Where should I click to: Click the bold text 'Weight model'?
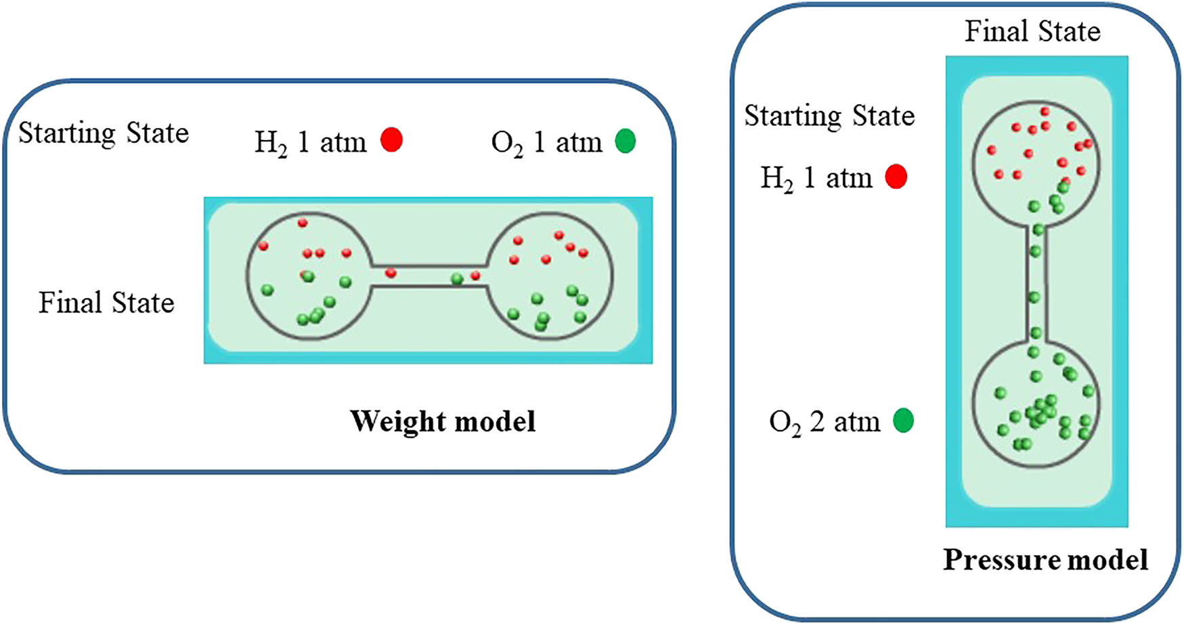click(x=443, y=421)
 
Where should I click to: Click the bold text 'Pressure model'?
click(x=1045, y=560)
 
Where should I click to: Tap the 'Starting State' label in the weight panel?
click(x=104, y=133)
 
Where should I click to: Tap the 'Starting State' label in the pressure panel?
click(x=829, y=116)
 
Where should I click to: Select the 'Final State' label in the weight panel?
click(x=106, y=303)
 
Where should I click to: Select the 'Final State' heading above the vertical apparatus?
click(x=1032, y=31)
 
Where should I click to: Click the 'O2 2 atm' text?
click(x=825, y=422)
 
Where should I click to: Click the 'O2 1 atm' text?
click(x=546, y=142)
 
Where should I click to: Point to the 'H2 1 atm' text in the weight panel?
click(x=310, y=142)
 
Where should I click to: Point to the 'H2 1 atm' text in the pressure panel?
click(x=816, y=178)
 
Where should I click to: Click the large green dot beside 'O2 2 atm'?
click(x=903, y=421)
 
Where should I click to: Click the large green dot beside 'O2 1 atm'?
click(x=625, y=141)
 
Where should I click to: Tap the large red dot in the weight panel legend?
click(x=391, y=140)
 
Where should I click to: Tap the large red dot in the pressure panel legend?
click(x=896, y=177)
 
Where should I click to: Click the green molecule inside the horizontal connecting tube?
click(x=458, y=278)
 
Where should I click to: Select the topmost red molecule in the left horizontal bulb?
click(x=303, y=222)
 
